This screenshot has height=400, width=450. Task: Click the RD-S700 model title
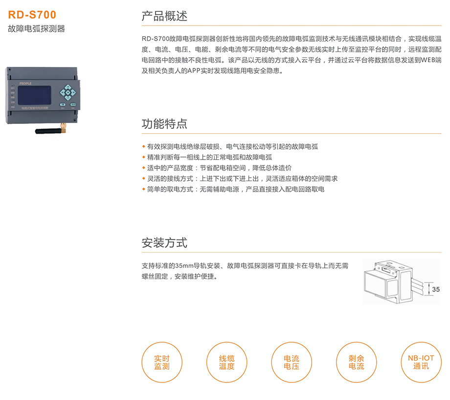[x=32, y=15]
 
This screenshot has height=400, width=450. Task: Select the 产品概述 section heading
[x=164, y=16]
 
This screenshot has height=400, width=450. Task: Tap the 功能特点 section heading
[x=164, y=123]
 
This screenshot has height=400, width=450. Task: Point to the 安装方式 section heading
[x=164, y=242]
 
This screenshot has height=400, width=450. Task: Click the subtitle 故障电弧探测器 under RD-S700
[x=37, y=29]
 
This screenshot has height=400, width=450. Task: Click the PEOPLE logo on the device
[x=24, y=83]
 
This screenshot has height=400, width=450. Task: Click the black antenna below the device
[x=48, y=131]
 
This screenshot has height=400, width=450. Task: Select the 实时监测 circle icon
[x=162, y=362]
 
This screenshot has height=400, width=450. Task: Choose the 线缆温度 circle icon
[x=226, y=362]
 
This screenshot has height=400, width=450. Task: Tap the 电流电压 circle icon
[x=292, y=362]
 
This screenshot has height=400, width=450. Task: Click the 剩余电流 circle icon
[x=357, y=362]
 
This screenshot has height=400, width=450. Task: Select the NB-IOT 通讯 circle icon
[x=421, y=362]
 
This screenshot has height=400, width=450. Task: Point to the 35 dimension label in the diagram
[x=436, y=290]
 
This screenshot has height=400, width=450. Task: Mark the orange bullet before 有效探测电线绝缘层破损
[x=143, y=147]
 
